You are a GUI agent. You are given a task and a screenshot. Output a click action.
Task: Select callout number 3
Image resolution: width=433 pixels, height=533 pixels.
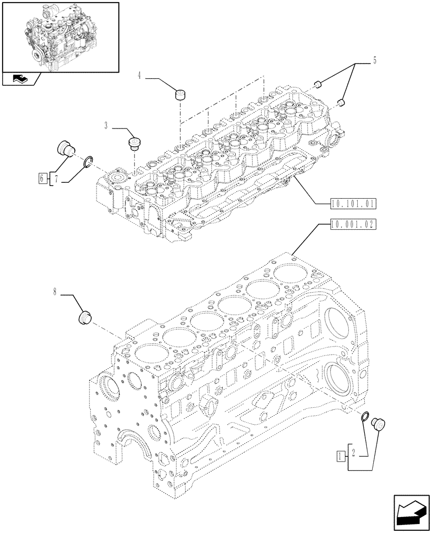[106, 126]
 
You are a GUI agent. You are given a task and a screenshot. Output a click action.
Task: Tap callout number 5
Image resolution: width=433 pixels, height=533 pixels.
[374, 61]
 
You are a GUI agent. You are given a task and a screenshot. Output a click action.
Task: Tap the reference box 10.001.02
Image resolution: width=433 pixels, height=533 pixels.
[353, 224]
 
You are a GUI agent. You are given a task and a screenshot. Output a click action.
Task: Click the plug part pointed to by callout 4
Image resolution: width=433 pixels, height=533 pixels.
[181, 95]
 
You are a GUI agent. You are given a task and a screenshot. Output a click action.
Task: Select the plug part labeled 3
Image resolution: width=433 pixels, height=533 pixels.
[133, 143]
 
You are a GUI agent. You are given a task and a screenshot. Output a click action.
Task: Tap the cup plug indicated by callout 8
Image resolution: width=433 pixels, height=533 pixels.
[85, 317]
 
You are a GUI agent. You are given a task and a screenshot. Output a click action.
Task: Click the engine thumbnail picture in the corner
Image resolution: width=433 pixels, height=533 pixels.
[60, 36]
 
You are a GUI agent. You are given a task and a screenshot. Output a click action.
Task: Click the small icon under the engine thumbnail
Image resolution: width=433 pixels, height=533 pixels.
[19, 79]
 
